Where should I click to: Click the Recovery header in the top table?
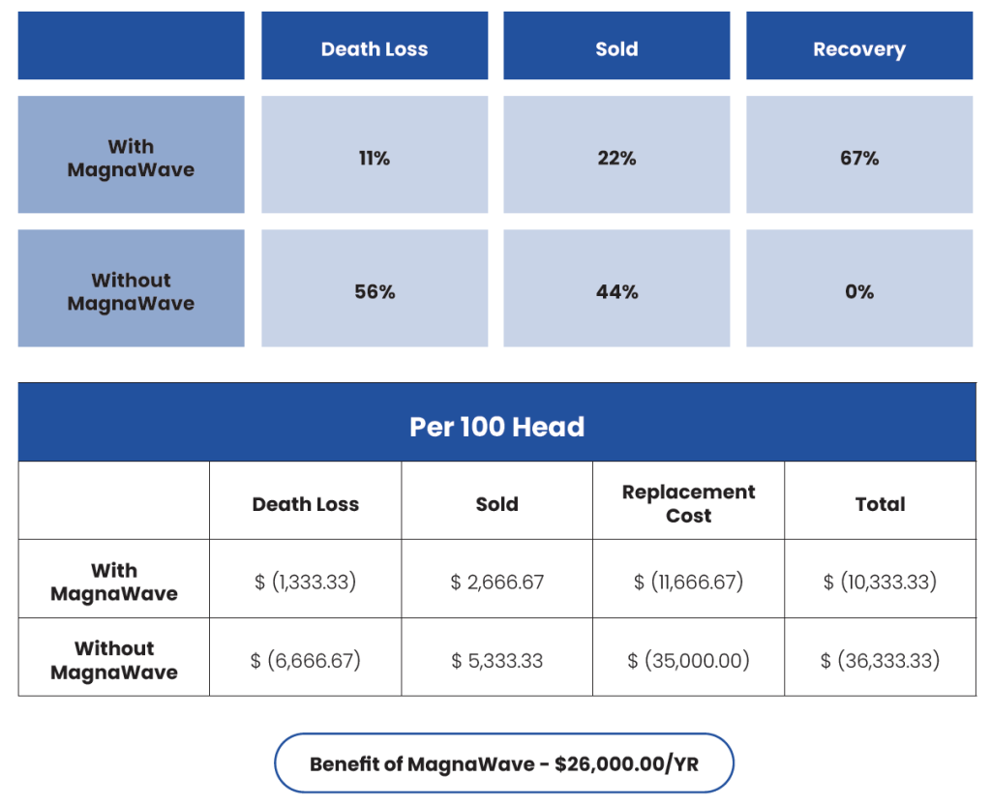click(858, 50)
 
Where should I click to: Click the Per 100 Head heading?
click(496, 427)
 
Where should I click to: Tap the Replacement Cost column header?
click(688, 503)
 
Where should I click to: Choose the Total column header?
click(880, 504)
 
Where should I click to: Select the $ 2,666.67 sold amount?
click(496, 583)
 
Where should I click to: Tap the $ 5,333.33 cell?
click(496, 661)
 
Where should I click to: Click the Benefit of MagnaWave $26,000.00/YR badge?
click(504, 763)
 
